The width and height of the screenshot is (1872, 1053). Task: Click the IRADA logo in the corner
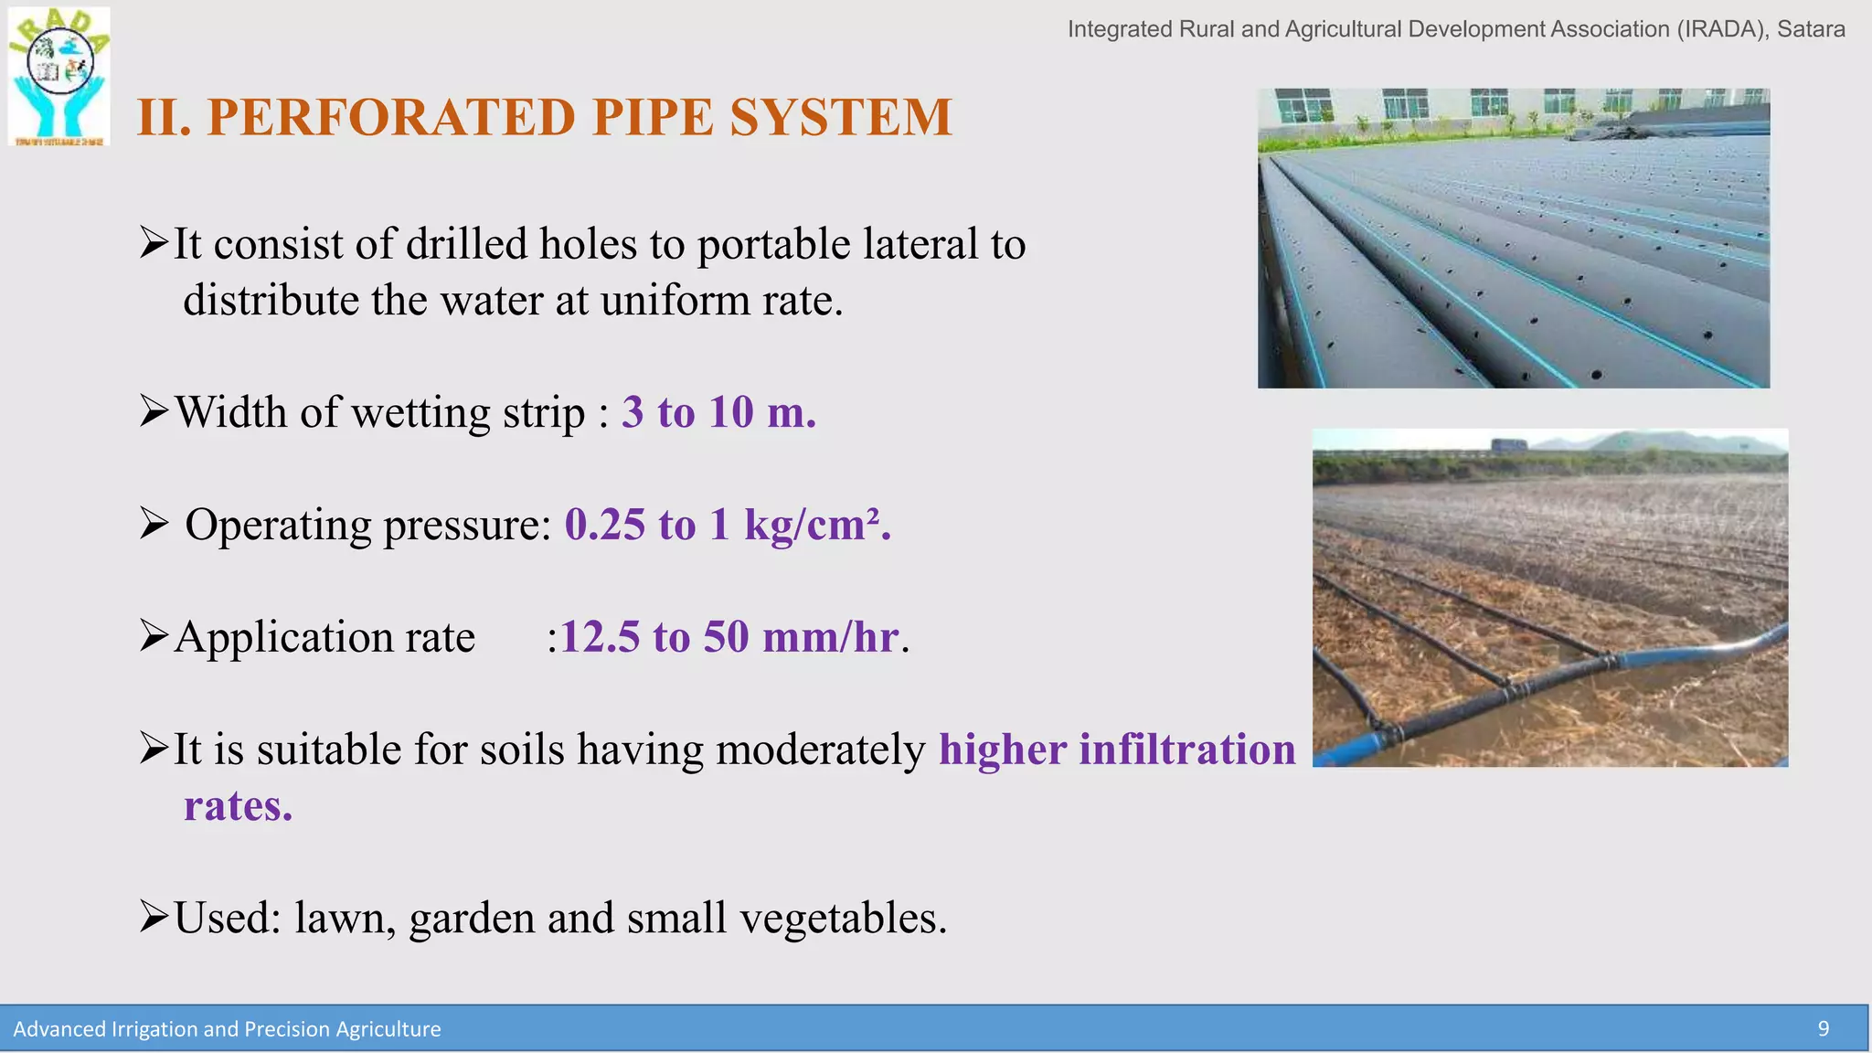point(59,77)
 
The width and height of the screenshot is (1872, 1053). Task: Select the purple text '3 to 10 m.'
point(718,412)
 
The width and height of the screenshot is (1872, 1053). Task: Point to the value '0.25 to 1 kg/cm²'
point(727,525)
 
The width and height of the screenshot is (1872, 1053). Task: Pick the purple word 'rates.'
point(238,806)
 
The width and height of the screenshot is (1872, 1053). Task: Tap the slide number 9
point(1823,1029)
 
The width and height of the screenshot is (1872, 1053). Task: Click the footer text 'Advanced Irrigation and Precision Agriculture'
point(227,1029)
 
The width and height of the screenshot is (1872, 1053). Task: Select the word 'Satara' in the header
point(1811,29)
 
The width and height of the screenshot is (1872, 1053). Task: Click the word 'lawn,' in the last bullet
point(345,918)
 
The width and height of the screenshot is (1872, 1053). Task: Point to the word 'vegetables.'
point(843,918)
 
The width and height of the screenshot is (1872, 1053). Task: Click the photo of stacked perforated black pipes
point(1513,239)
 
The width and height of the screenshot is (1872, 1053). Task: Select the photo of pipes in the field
point(1549,598)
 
